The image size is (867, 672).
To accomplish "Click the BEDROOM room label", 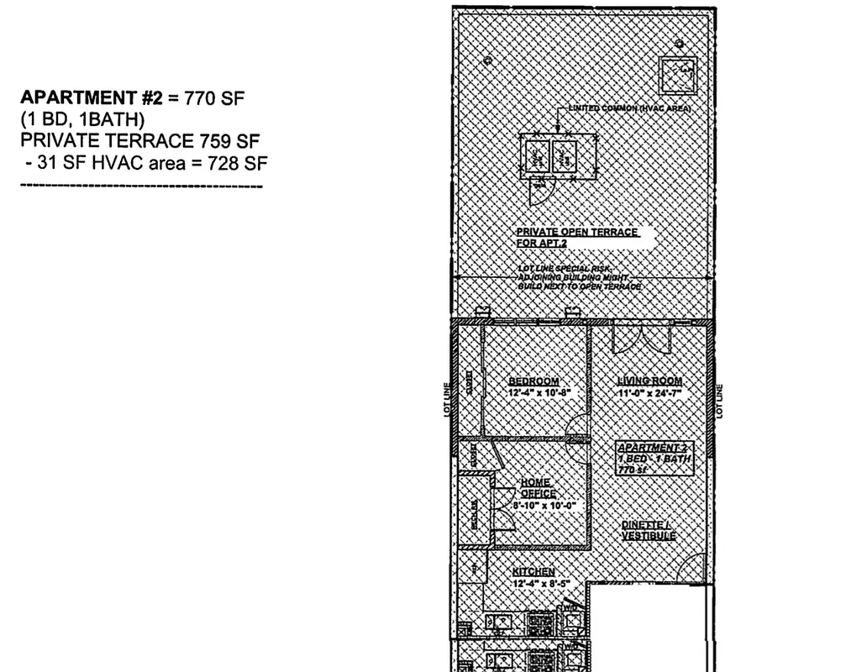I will [x=533, y=381].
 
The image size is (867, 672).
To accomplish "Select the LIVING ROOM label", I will [x=649, y=381].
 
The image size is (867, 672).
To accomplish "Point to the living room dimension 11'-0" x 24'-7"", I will [x=649, y=392].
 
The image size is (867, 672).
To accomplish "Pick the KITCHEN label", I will [x=533, y=571].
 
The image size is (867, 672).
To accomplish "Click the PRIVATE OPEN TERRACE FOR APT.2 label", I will [x=578, y=237].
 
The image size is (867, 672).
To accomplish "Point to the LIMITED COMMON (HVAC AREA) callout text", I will [x=629, y=108].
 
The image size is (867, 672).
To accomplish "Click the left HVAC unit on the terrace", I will [x=537, y=155].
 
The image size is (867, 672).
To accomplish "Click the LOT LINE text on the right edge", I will [x=720, y=401].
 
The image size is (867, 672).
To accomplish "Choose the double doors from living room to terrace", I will [x=640, y=339].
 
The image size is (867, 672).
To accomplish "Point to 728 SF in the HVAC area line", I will [x=230, y=163].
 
